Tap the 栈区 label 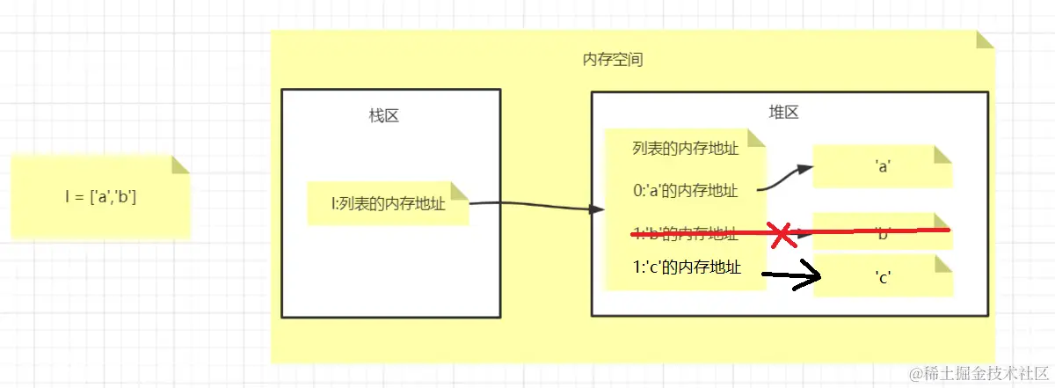(383, 116)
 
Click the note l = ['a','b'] (100, 197)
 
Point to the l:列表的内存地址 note (387, 204)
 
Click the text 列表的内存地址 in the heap (684, 148)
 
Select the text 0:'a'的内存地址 (685, 190)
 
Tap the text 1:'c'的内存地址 (687, 267)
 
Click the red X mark (781, 234)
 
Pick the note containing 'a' (882, 166)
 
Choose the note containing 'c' (882, 275)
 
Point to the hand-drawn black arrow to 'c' (791, 278)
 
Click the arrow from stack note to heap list (536, 208)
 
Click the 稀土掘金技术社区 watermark (978, 373)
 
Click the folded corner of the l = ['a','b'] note (180, 165)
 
